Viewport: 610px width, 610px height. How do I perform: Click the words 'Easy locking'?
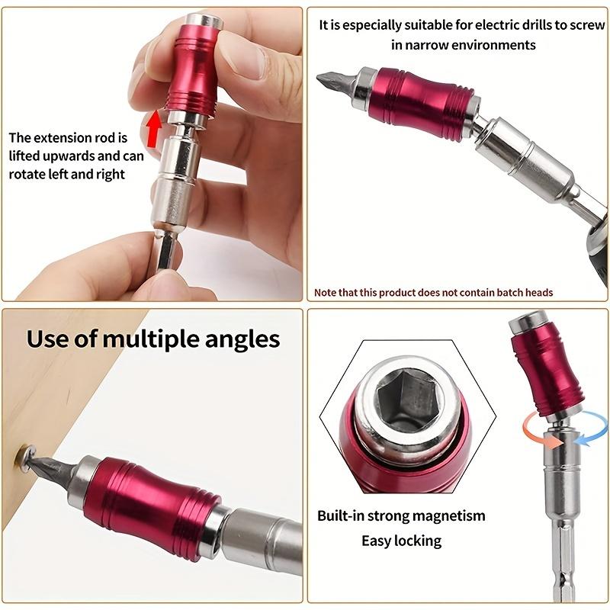[401, 541]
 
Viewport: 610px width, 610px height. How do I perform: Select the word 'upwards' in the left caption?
[69, 156]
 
